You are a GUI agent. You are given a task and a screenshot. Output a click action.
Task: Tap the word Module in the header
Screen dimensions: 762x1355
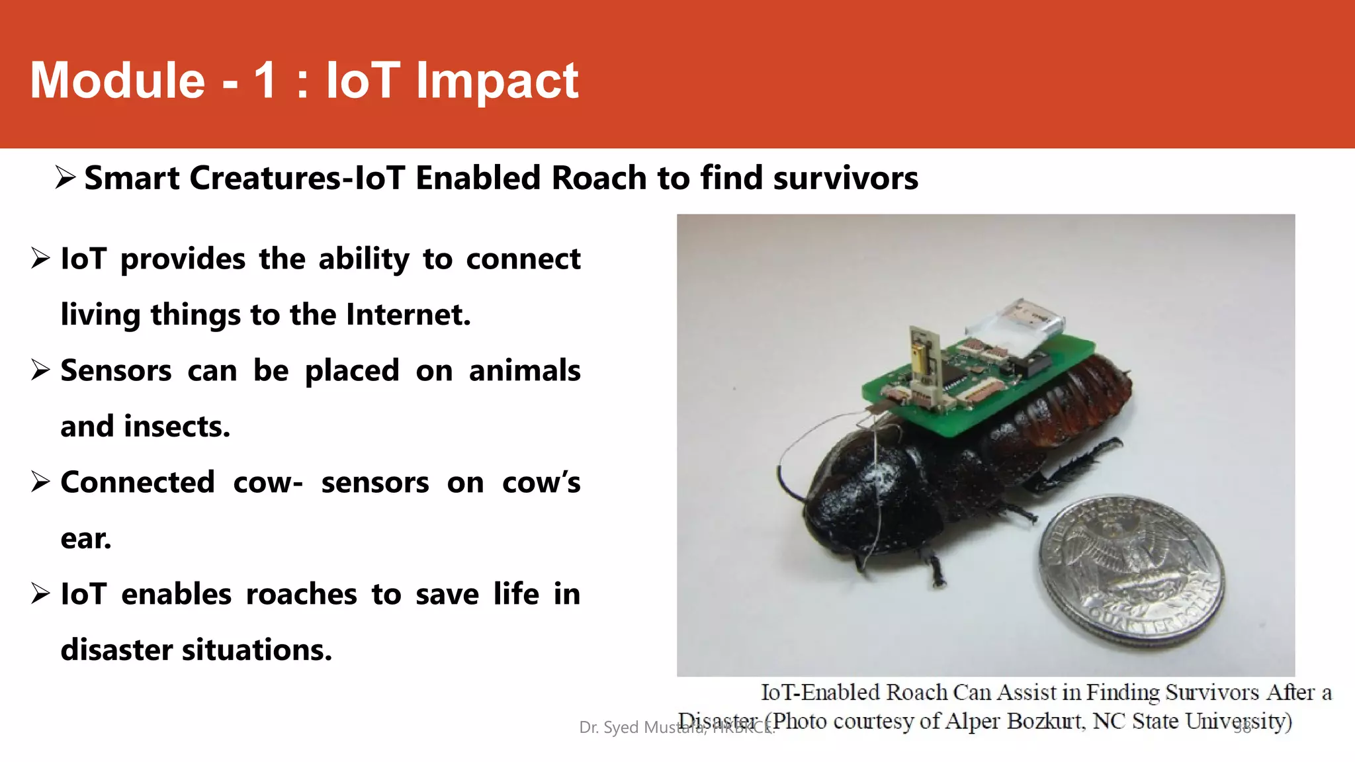click(x=118, y=81)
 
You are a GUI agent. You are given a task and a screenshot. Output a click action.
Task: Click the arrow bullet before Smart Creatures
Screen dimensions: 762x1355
click(x=65, y=177)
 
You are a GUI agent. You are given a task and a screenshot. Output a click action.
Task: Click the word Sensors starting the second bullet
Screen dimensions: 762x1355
click(x=116, y=370)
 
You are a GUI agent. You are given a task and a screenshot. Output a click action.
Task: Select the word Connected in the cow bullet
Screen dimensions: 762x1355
click(x=138, y=482)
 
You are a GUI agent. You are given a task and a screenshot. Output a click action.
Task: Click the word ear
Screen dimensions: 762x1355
click(x=85, y=538)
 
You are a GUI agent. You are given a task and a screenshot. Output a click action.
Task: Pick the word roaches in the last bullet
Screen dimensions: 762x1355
click(x=301, y=594)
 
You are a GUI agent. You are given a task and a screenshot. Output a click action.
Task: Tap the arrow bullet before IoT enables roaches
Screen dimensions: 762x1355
click(x=40, y=593)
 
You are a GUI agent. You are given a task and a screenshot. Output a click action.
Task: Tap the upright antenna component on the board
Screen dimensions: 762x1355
click(x=924, y=357)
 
